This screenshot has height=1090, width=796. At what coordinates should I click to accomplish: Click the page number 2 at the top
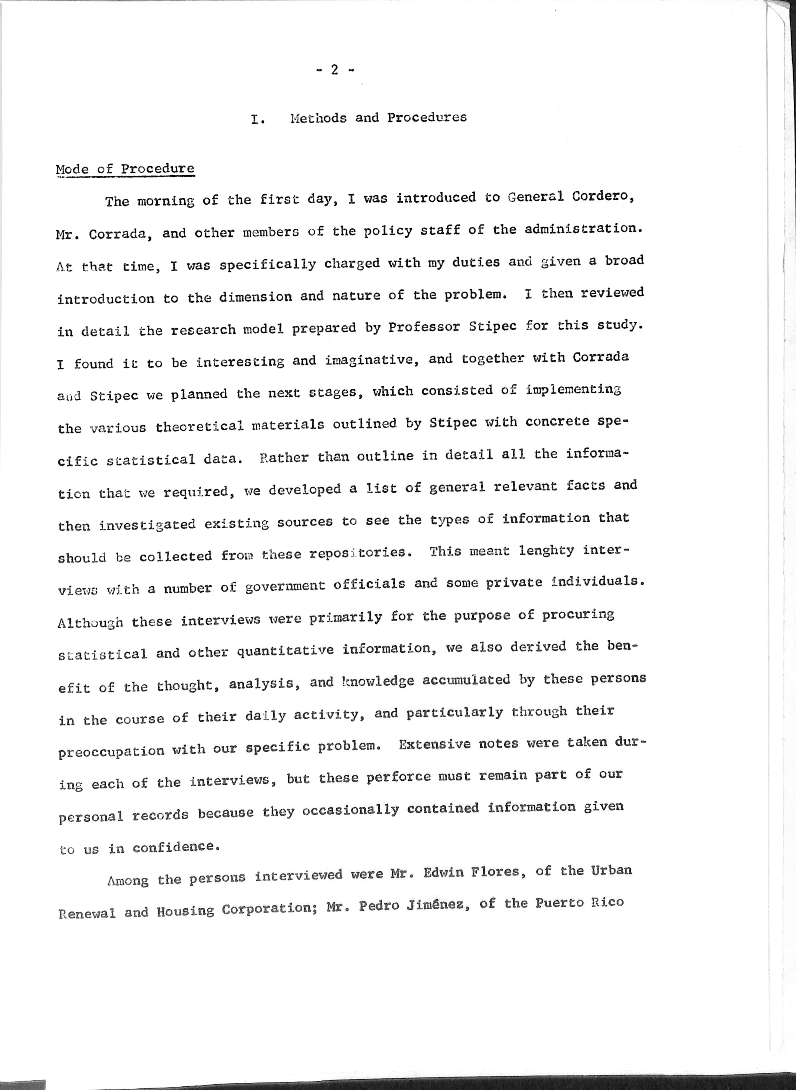pyautogui.click(x=334, y=70)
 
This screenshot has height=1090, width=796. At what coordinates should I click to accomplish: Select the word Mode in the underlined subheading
pyautogui.click(x=72, y=170)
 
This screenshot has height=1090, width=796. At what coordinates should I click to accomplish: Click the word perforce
pyautogui.click(x=398, y=777)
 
